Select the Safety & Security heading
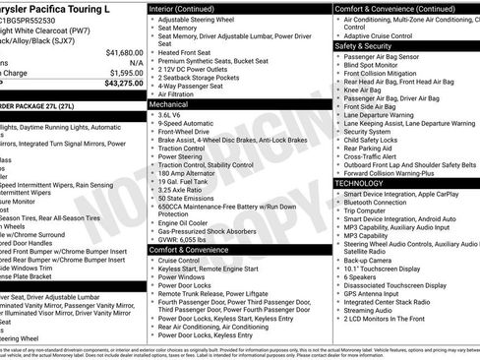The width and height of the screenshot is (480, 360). [363, 45]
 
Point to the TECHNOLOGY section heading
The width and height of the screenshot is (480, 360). [360, 183]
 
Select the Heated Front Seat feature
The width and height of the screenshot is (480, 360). [191, 52]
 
